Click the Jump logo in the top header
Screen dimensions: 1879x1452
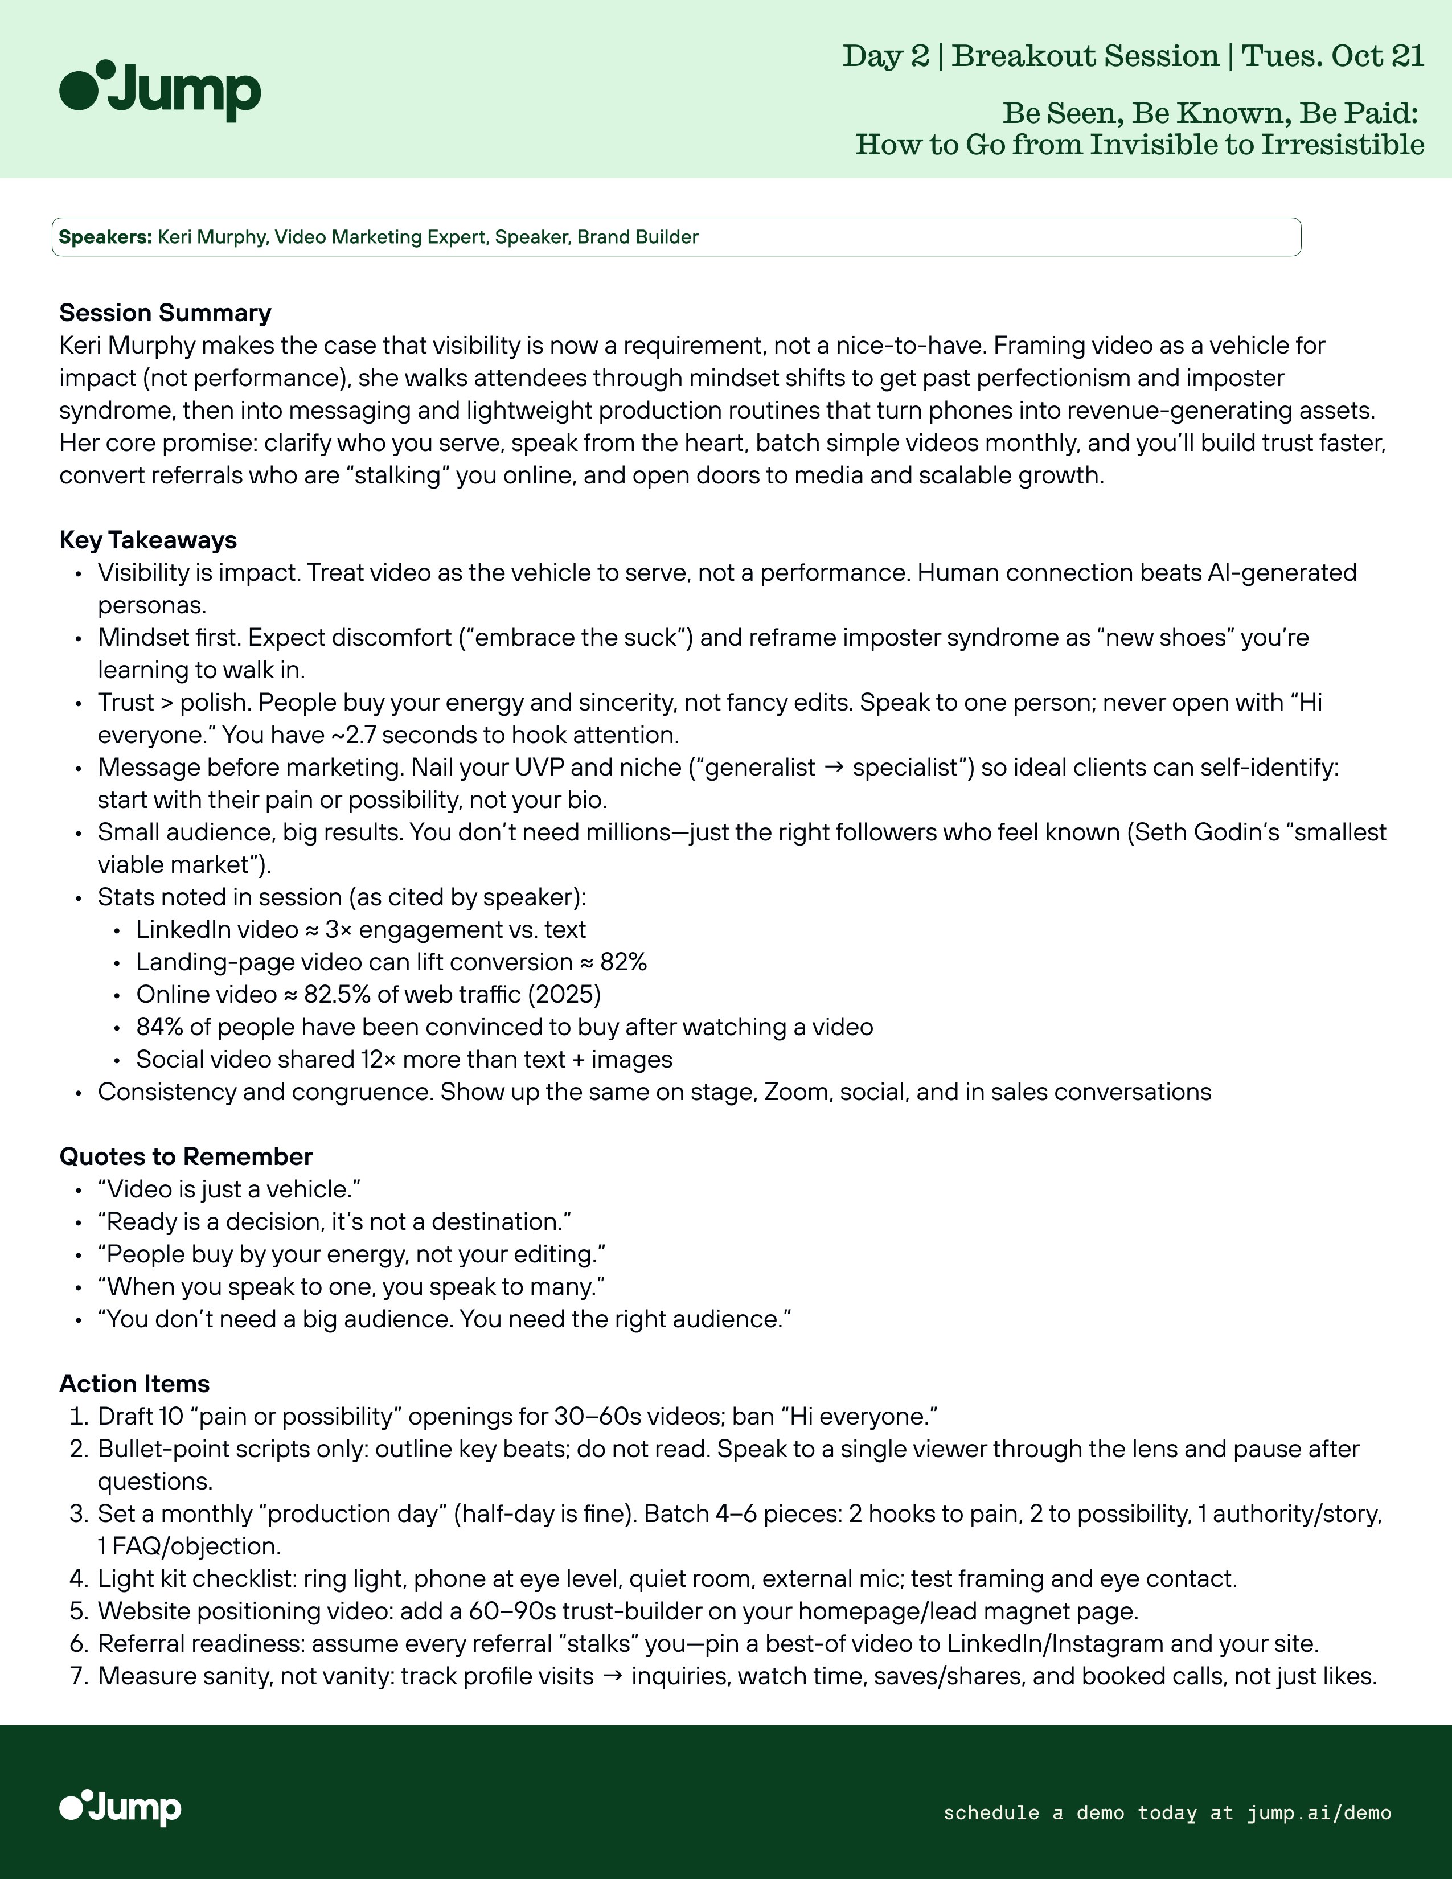point(160,91)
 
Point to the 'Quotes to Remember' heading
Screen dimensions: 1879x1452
point(186,1156)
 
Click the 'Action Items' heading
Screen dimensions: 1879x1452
point(134,1384)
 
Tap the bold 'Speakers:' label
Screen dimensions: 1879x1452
point(105,237)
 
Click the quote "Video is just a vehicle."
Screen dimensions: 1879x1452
point(229,1189)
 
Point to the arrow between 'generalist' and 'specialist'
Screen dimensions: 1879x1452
point(834,768)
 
